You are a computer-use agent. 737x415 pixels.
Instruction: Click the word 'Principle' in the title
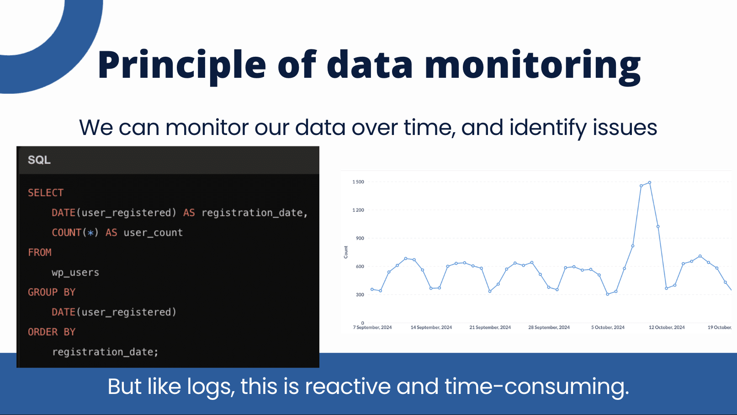coord(181,65)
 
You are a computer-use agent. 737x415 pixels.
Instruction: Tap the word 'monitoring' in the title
coord(532,65)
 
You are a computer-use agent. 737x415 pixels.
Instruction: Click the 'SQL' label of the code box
coord(39,160)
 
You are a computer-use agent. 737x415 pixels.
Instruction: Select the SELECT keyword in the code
coord(46,193)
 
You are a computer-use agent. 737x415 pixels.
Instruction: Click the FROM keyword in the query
coord(40,253)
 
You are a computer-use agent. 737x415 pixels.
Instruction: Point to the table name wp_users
coord(75,273)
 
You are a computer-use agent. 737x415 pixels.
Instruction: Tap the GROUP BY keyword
coord(52,292)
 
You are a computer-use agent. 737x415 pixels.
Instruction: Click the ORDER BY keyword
coord(52,332)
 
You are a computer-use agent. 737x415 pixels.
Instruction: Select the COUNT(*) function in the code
coord(75,233)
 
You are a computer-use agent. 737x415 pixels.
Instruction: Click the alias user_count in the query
coord(153,233)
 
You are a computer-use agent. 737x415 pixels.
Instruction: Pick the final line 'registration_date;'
coord(105,352)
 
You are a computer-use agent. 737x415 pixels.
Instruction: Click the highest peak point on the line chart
coord(649,183)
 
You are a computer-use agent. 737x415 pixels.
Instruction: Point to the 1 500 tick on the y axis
coord(358,182)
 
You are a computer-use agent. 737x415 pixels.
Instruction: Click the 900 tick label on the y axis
coord(360,238)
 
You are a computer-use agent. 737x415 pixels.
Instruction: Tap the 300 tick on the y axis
coord(360,295)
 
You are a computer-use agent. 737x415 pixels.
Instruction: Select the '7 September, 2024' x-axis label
coord(372,328)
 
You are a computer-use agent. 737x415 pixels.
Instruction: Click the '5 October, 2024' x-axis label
coord(608,328)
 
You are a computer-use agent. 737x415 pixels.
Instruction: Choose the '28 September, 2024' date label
coord(549,328)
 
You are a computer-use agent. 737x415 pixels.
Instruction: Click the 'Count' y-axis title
coord(346,252)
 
